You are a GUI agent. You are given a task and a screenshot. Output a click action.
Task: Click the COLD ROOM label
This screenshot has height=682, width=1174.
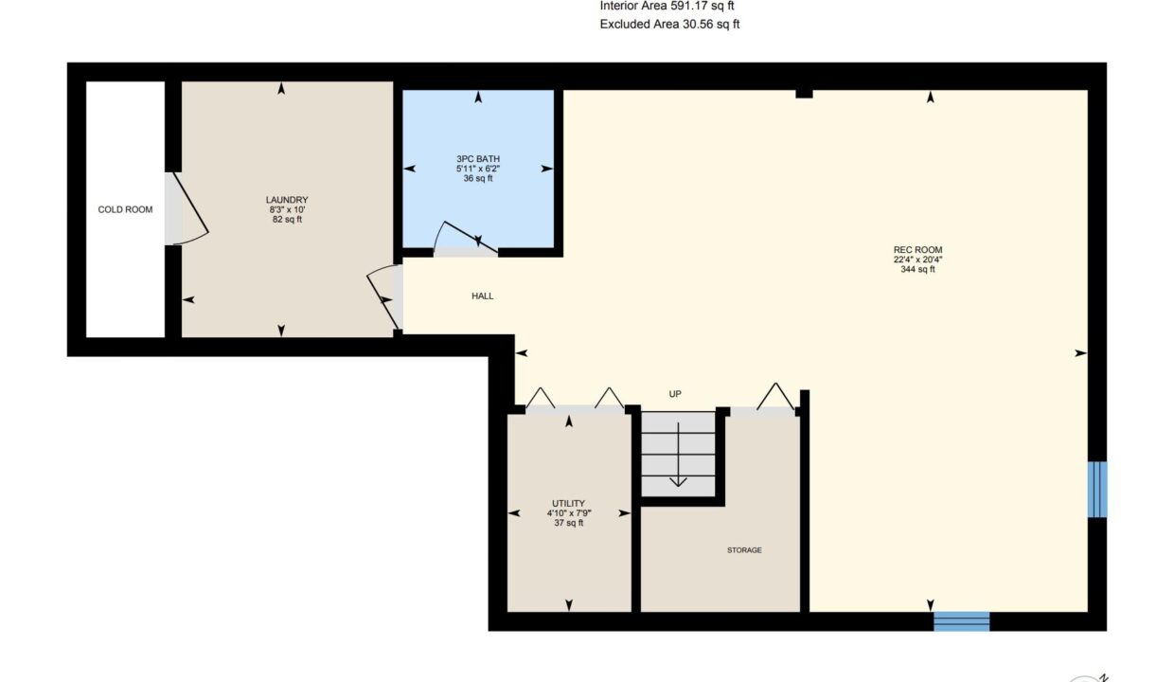coord(125,209)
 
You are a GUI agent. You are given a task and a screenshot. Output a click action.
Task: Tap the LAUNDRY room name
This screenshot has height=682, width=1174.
coord(287,200)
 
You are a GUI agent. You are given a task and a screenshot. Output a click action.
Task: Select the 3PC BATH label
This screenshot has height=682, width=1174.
coord(478,159)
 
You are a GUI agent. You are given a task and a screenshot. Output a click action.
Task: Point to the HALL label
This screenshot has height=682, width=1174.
coord(482,296)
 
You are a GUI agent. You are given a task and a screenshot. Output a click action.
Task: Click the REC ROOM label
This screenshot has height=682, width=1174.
coord(917,250)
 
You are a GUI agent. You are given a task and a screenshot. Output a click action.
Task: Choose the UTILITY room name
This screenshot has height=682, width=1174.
coord(568,503)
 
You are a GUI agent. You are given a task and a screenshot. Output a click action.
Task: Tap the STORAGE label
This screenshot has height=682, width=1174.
coord(744,550)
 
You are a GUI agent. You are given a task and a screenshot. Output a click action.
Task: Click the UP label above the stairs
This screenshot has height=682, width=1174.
coord(675,394)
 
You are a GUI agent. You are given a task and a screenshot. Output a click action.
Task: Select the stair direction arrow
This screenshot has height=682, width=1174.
coord(678,455)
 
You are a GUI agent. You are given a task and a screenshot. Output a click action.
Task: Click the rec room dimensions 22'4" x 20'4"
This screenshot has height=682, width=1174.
coord(917,260)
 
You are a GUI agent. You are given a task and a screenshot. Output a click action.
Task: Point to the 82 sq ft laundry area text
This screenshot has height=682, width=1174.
coord(287,219)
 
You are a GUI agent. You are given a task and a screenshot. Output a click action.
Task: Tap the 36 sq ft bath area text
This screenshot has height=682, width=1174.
coord(478,178)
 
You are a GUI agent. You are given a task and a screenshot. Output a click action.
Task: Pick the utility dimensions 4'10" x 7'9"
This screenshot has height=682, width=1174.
coord(569,513)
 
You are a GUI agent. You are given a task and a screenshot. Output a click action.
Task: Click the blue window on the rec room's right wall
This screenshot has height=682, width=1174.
coord(1097,489)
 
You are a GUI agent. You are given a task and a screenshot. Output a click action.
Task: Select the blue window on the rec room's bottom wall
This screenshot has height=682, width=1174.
coord(962,621)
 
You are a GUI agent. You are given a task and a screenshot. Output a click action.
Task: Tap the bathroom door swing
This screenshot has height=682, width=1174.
coord(466,239)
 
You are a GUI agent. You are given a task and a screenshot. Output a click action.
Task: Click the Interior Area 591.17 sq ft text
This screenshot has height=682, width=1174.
coord(667,6)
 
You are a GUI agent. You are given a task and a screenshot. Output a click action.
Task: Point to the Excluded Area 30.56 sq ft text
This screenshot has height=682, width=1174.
coord(669,24)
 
